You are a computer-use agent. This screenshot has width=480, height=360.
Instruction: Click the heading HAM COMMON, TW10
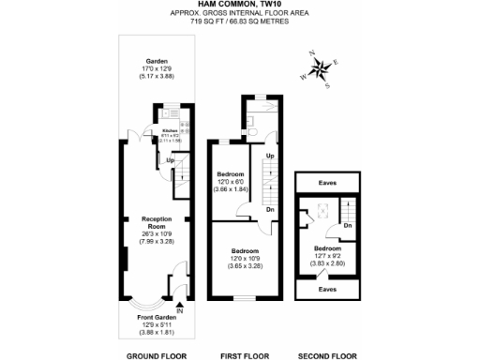pyautogui.click(x=239, y=5)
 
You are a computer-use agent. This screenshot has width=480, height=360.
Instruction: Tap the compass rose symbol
pyautogui.click(x=321, y=68)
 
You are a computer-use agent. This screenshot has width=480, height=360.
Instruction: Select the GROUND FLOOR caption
pyautogui.click(x=157, y=355)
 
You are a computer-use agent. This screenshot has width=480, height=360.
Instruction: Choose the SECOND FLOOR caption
pyautogui.click(x=327, y=355)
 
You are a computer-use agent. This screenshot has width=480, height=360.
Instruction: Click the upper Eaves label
pyautogui.click(x=327, y=184)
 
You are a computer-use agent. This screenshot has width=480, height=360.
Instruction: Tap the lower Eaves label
pyautogui.click(x=327, y=289)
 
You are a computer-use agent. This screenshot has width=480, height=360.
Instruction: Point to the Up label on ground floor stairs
pyautogui.click(x=170, y=160)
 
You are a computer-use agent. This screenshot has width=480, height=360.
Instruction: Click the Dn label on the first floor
pyautogui.click(x=270, y=210)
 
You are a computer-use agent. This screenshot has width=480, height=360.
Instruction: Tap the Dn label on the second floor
pyautogui.click(x=346, y=225)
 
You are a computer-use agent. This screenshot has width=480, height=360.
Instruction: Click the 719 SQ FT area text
pyautogui.click(x=239, y=20)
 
